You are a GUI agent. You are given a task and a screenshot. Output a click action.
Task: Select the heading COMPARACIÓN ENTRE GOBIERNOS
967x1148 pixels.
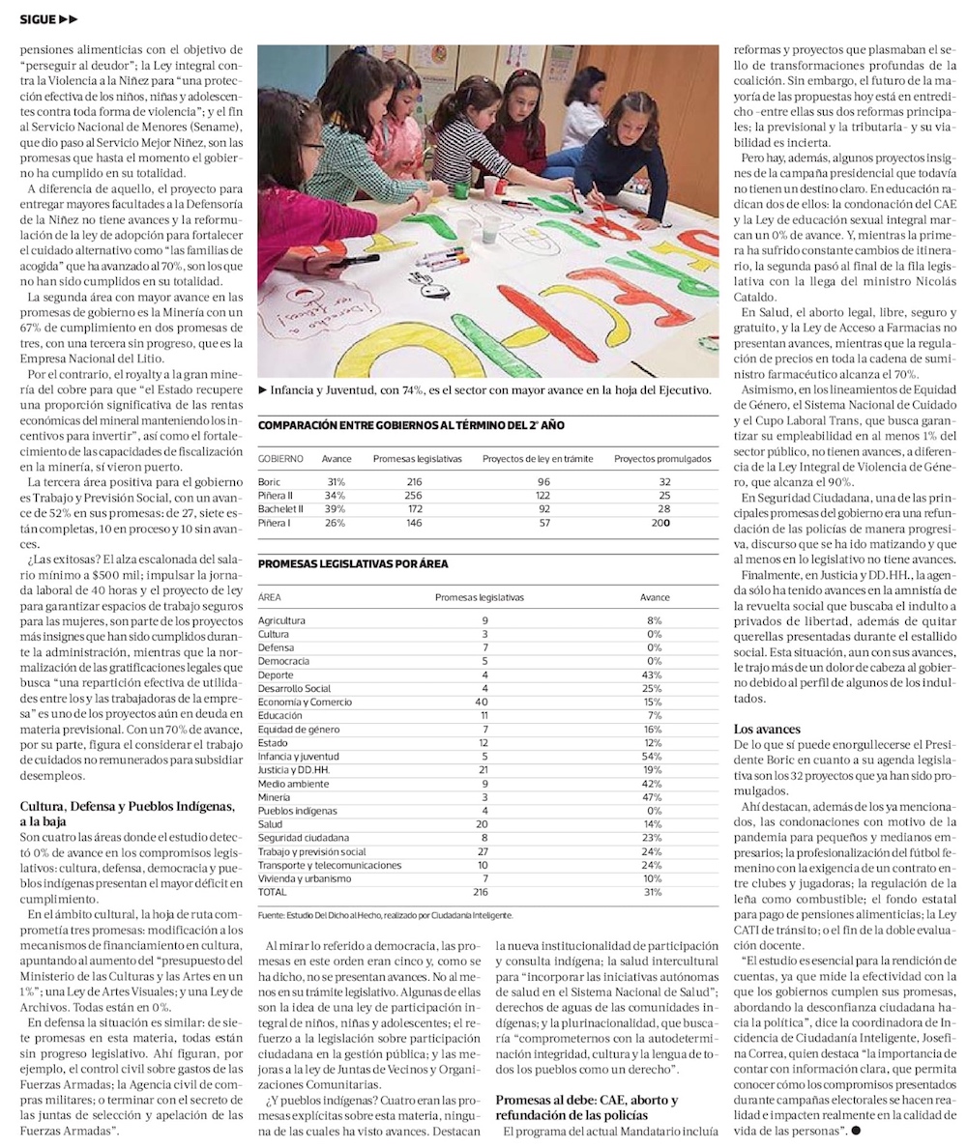(x=411, y=425)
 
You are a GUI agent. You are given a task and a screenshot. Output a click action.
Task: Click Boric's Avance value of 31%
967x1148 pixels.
(x=336, y=481)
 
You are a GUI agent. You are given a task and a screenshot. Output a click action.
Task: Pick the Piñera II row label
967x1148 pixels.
(x=276, y=496)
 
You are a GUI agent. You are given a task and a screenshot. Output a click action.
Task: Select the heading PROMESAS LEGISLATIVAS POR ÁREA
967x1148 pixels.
(x=353, y=564)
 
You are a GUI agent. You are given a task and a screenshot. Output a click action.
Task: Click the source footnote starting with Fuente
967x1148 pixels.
(x=385, y=914)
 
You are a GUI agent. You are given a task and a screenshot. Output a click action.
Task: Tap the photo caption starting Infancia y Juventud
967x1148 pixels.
(x=483, y=389)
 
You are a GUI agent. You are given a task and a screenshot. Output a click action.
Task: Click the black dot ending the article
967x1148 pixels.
(x=856, y=1130)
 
